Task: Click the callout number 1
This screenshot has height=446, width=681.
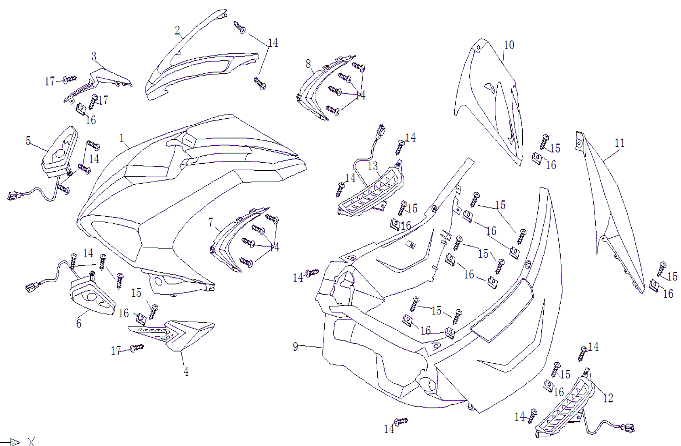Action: [x=122, y=138]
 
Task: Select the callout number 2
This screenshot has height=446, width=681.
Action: [x=177, y=30]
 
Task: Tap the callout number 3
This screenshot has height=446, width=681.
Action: [x=94, y=56]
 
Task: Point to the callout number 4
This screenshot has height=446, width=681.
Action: [x=186, y=372]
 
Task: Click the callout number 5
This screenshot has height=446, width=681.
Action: [x=28, y=140]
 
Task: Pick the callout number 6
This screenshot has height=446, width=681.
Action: [x=79, y=324]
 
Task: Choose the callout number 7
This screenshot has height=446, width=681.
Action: [x=211, y=222]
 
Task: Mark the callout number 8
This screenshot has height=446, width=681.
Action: [x=308, y=64]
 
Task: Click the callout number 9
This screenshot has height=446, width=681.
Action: [x=296, y=346]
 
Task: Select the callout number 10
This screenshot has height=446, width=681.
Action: [x=509, y=45]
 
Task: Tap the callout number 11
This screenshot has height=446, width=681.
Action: [x=620, y=143]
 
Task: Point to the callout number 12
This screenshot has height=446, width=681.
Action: [x=608, y=398]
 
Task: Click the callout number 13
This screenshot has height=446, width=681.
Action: [x=373, y=166]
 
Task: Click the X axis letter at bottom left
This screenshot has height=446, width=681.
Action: [x=31, y=442]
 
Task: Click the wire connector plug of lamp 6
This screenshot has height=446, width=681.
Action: [x=31, y=287]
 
